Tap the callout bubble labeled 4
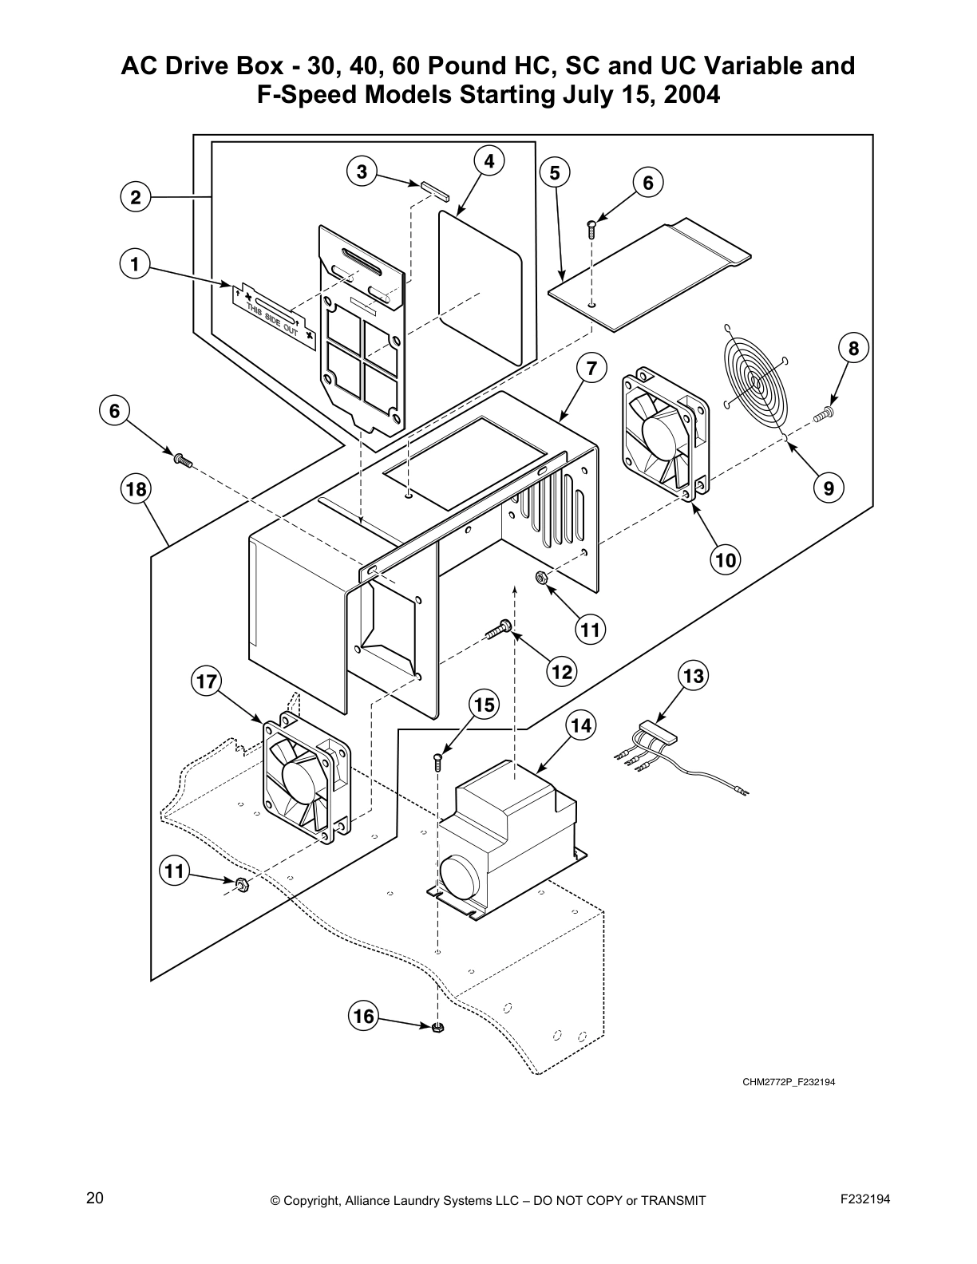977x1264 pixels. (x=489, y=161)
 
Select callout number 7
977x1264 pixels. (x=591, y=369)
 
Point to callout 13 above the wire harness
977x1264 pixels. (x=694, y=677)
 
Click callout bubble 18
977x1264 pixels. (x=136, y=488)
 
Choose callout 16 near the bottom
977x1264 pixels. (x=363, y=1016)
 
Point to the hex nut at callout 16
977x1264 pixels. (x=437, y=1028)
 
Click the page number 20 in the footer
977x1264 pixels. (x=95, y=1198)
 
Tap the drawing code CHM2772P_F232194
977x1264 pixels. (x=788, y=1083)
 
